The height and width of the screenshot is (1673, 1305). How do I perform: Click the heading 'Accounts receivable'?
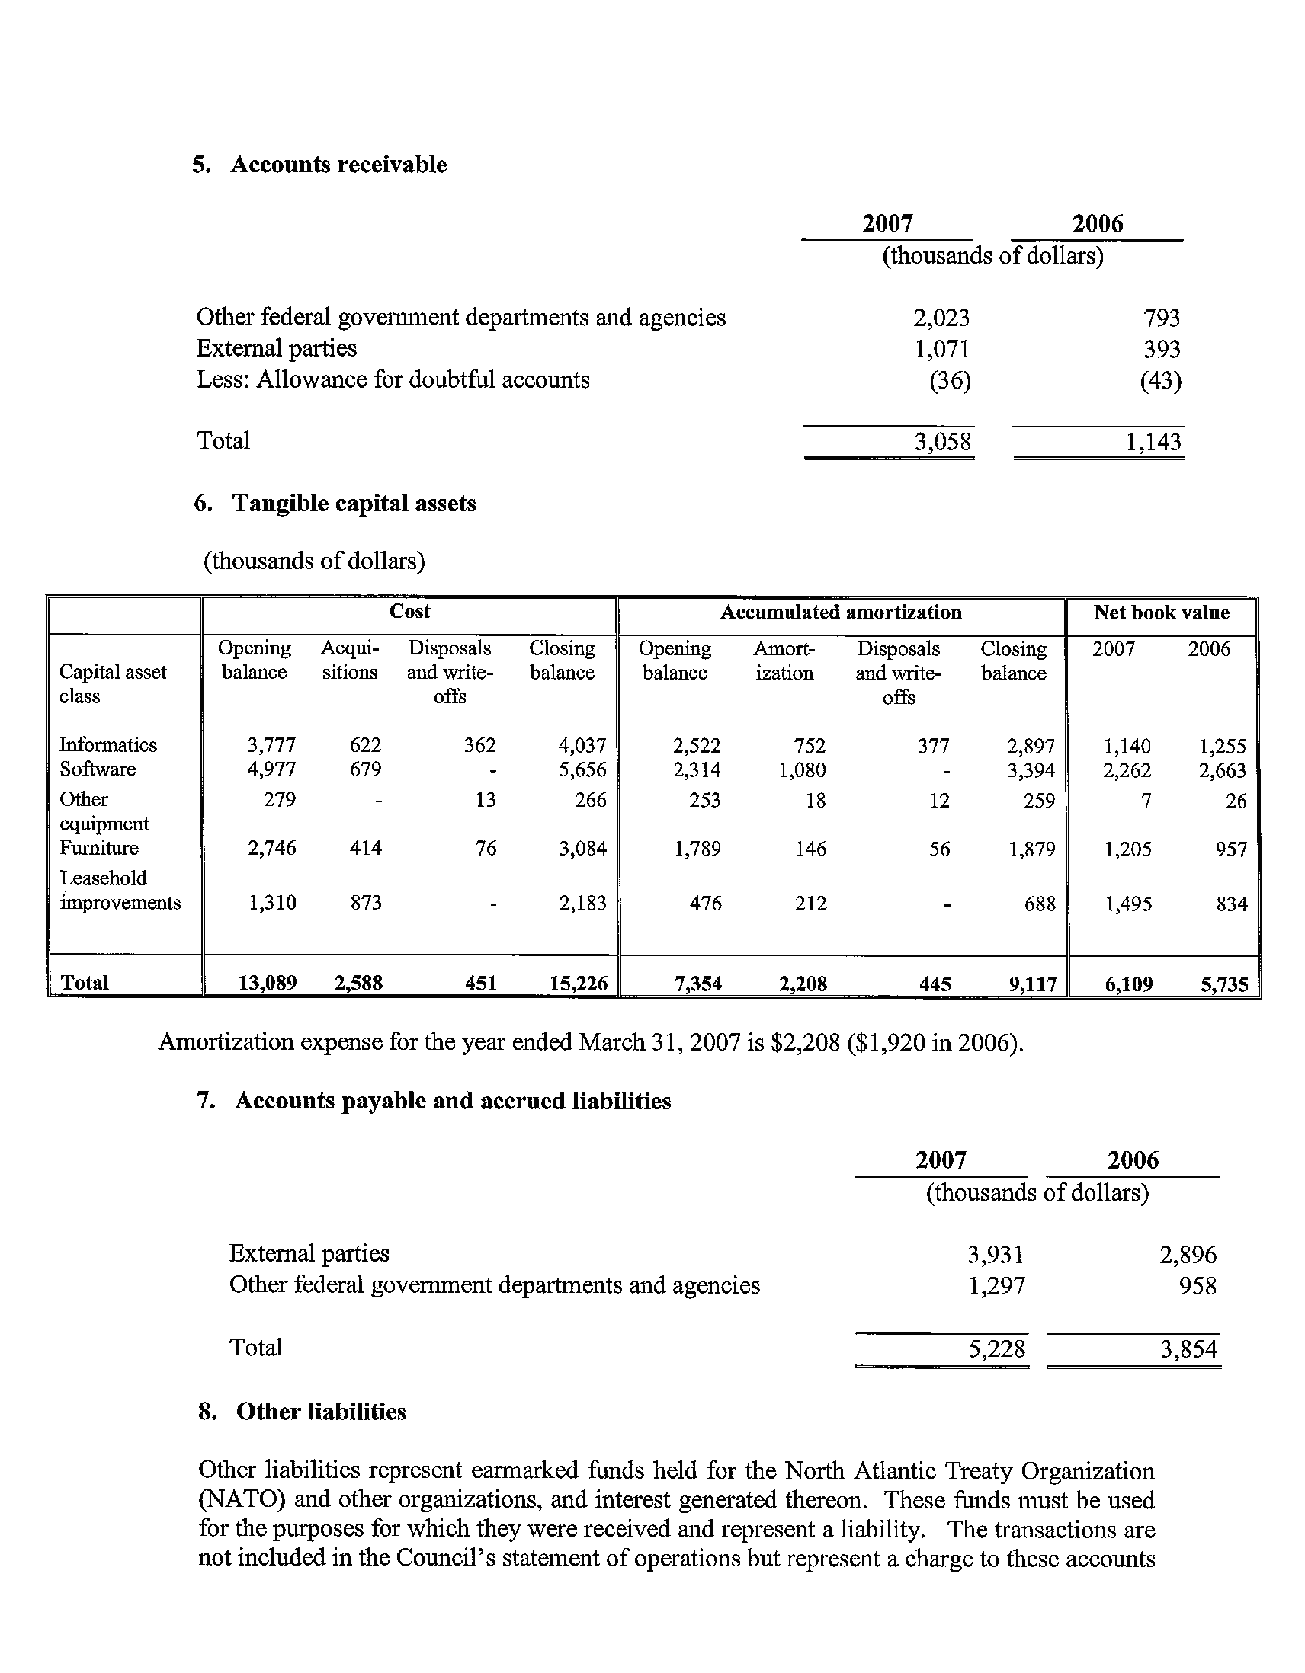(x=338, y=165)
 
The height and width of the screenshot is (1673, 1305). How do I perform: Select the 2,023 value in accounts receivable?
(x=941, y=317)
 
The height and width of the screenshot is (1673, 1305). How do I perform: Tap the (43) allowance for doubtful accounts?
(x=1160, y=380)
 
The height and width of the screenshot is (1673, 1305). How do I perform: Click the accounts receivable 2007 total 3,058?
(x=943, y=442)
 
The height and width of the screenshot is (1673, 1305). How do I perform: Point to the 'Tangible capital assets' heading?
(x=354, y=504)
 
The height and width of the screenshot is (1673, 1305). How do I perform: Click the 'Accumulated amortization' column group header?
(x=841, y=612)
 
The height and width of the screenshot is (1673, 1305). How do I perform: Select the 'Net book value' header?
(x=1161, y=612)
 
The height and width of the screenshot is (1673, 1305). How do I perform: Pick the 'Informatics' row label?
(x=108, y=744)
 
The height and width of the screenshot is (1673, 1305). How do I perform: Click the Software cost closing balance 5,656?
(x=582, y=770)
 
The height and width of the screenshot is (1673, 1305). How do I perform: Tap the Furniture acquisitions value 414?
(x=366, y=848)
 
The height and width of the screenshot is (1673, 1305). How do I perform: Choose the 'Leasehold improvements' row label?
(x=120, y=890)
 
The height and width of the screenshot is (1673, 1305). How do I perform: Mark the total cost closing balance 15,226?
(x=579, y=984)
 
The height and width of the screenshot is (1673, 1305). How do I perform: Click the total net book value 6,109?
(x=1128, y=984)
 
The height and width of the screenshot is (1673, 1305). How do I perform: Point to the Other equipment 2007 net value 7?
(x=1146, y=801)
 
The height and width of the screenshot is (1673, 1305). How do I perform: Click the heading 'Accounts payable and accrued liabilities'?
(x=452, y=1101)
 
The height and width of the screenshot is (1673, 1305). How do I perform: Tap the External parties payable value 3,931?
(x=996, y=1254)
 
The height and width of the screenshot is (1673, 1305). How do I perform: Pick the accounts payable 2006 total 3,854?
(x=1188, y=1349)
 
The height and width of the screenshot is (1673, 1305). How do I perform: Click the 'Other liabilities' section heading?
(x=320, y=1412)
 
